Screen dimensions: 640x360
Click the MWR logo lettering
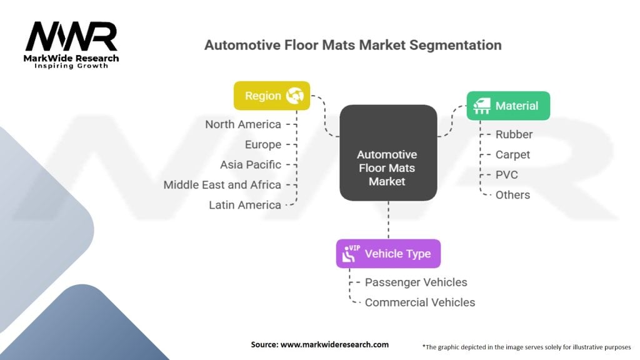pos(71,36)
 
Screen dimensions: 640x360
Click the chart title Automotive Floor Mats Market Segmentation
pos(353,45)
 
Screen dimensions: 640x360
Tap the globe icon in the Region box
pos(295,96)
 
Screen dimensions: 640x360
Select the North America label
pos(243,124)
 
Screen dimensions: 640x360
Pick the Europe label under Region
pos(263,144)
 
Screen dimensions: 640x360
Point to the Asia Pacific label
pos(251,164)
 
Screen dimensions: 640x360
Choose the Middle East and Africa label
pos(222,185)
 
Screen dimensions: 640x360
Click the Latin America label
pos(245,205)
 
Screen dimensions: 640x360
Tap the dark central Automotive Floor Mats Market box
pos(388,152)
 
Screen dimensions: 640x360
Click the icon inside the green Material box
pos(482,106)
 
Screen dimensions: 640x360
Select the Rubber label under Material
pos(514,134)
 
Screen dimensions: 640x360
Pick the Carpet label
pos(512,155)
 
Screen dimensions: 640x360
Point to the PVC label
pos(506,175)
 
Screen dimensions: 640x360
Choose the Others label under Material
pos(512,195)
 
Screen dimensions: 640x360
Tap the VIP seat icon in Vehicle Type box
pos(351,254)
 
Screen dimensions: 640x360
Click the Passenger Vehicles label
pos(416,282)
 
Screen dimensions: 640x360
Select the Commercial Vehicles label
pos(420,302)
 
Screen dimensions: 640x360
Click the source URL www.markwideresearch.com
pos(335,344)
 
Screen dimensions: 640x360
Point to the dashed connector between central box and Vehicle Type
pos(388,220)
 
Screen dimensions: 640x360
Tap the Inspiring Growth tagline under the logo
pos(71,66)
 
